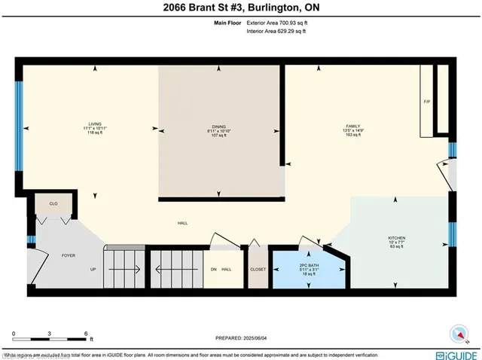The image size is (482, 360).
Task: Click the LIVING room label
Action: pos(94,125)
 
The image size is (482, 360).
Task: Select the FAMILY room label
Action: pos(353,126)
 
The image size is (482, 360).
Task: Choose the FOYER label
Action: pos(68,256)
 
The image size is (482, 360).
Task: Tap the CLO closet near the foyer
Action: pos(53,203)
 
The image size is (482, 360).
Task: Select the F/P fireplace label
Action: pos(426,101)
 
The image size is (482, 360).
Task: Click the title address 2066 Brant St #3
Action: pos(240,8)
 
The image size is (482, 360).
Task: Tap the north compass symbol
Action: pos(457,331)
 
